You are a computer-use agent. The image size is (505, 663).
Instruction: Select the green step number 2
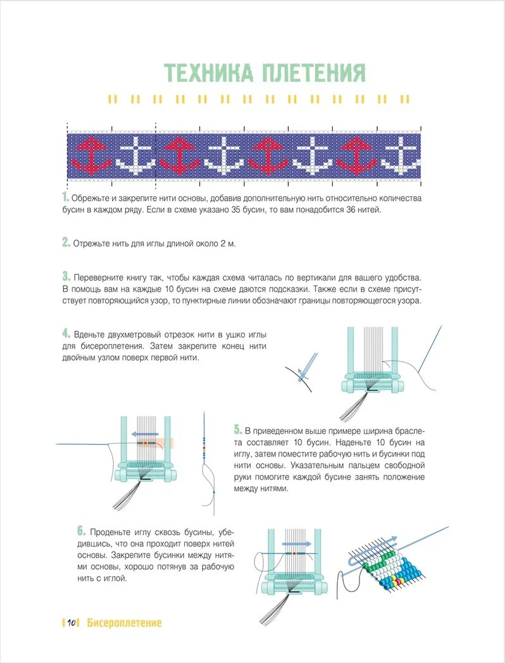pos(65,243)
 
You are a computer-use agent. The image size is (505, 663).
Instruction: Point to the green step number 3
pos(65,277)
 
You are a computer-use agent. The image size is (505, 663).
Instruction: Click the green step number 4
pos(65,334)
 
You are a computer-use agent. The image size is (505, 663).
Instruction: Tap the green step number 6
pos(81,531)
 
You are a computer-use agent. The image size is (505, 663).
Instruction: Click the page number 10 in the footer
pos(72,623)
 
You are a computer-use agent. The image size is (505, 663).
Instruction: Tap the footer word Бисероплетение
pos(124,623)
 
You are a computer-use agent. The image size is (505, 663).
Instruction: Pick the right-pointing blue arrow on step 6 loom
pos(297,543)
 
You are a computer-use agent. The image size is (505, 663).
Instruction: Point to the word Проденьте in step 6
pos(113,532)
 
